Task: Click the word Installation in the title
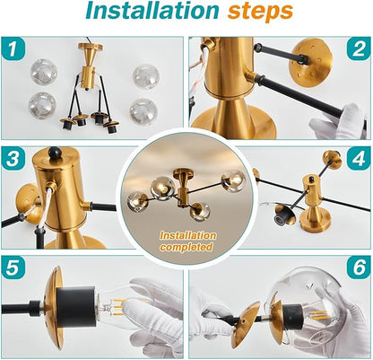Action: pyautogui.click(x=152, y=12)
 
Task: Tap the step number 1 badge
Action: pyautogui.click(x=13, y=48)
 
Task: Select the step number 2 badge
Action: pyautogui.click(x=359, y=48)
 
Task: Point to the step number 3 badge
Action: pyautogui.click(x=13, y=158)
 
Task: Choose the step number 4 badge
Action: pyautogui.click(x=359, y=158)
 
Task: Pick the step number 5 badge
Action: pyautogui.click(x=13, y=267)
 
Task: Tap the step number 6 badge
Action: pyautogui.click(x=359, y=267)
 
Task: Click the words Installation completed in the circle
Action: pyautogui.click(x=187, y=241)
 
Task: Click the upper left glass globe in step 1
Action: pyautogui.click(x=44, y=72)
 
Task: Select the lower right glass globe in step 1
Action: pyautogui.click(x=143, y=112)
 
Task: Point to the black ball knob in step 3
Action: pyautogui.click(x=55, y=153)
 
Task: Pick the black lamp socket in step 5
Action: pyautogui.click(x=76, y=306)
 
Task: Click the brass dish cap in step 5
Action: pyautogui.click(x=54, y=308)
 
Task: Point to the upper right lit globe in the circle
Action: pyautogui.click(x=234, y=180)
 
